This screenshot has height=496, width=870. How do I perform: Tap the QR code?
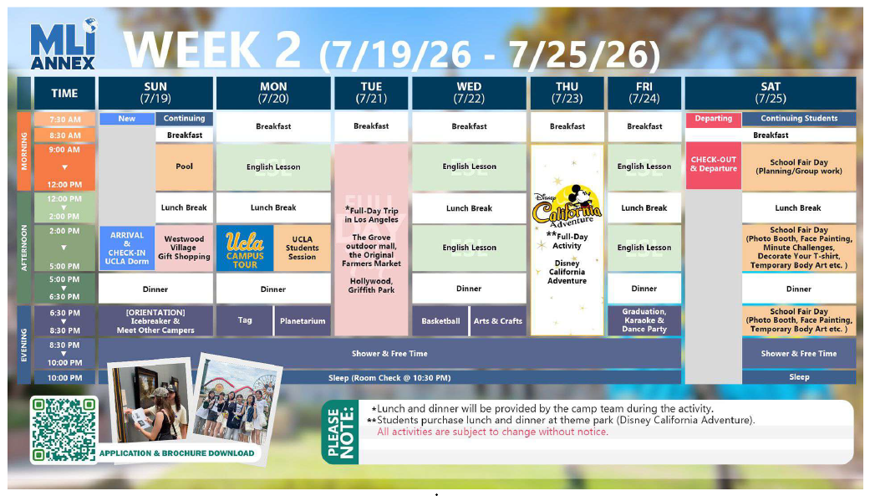coord(64,429)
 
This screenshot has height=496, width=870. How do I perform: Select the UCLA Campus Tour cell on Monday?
coord(245,248)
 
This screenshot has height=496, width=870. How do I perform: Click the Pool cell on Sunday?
coord(184,166)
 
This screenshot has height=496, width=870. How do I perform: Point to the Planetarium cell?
coord(303,321)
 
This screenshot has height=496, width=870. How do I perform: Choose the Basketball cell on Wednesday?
coord(440,321)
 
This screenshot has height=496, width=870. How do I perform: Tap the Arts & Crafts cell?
coord(498,321)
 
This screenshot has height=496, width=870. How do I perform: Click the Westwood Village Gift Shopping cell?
coord(184,248)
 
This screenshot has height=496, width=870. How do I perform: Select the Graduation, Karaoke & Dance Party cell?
coord(644,320)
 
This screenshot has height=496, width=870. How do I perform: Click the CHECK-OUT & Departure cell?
coord(714,166)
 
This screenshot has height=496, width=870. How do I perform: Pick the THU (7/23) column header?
coord(567,93)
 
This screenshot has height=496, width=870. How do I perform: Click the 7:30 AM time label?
coord(65,120)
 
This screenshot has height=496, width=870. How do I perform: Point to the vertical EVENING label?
coord(24,345)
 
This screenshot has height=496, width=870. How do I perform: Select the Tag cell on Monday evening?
coord(245,320)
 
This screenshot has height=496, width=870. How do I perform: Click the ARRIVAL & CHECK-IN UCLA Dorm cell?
coord(126,248)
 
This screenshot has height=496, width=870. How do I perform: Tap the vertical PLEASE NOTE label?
coord(341,432)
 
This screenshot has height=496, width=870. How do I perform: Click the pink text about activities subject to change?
coord(493,432)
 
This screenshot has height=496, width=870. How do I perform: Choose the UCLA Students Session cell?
coord(302,248)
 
